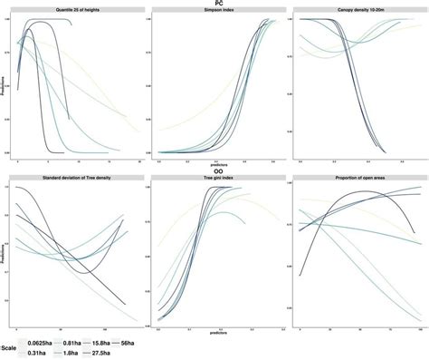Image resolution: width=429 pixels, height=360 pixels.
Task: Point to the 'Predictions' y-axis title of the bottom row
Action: (4, 254)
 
